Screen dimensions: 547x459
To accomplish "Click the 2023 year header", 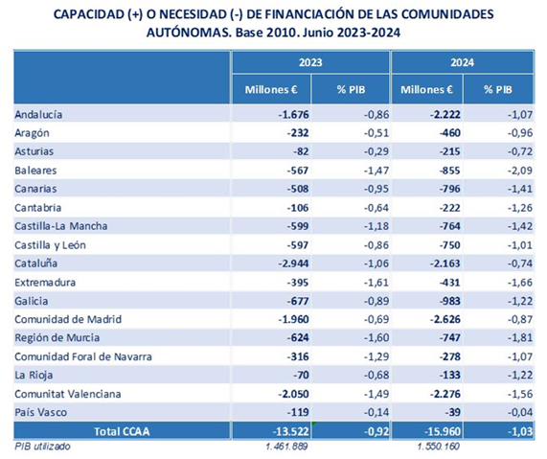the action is (x=310, y=62).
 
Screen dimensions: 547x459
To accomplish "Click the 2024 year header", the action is (x=462, y=62).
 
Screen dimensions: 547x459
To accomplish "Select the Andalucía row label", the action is (x=38, y=114).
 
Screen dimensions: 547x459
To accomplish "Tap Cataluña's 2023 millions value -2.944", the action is (x=293, y=264).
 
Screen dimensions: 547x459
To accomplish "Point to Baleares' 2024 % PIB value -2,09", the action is (x=520, y=171).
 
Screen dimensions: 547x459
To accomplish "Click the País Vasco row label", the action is (x=40, y=412).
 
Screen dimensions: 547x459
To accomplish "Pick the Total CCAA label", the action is (x=122, y=431).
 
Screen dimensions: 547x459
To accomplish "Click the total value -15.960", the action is (x=442, y=432).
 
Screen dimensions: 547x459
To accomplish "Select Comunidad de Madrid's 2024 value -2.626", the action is (x=445, y=319).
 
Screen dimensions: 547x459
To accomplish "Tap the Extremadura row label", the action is (x=45, y=282).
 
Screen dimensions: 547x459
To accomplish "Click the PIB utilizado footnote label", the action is (x=42, y=447).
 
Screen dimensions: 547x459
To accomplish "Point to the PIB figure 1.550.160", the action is (x=438, y=447).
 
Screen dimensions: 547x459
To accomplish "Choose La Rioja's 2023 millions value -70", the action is (x=301, y=375).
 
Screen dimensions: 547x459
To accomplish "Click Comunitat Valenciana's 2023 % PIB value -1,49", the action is (x=376, y=394).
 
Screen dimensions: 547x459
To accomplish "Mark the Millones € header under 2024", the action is (x=426, y=90).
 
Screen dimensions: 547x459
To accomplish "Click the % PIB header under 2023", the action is (x=351, y=90).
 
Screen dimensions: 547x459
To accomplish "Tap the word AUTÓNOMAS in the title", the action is (x=189, y=33).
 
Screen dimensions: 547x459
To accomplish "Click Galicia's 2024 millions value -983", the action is (x=450, y=301).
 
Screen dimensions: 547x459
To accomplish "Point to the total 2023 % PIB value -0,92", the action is (x=376, y=432).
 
